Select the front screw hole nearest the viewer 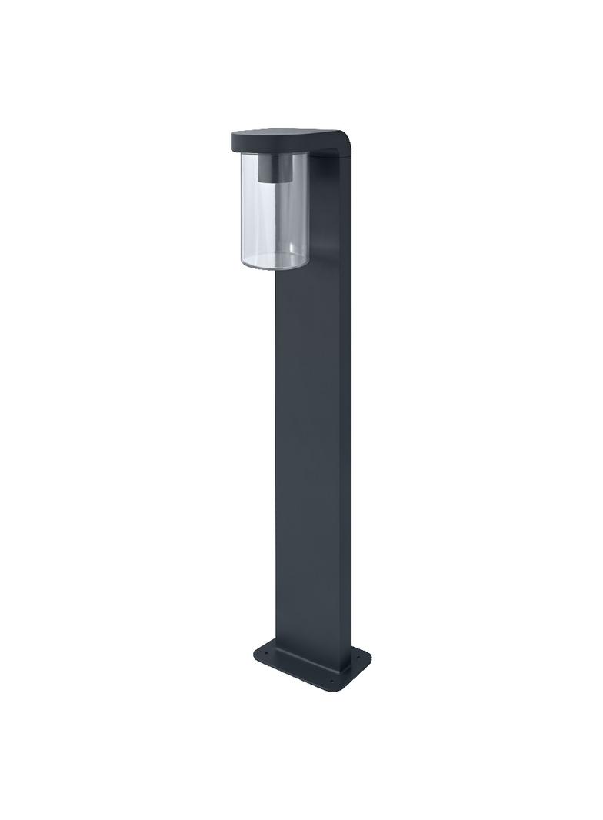(332, 682)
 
